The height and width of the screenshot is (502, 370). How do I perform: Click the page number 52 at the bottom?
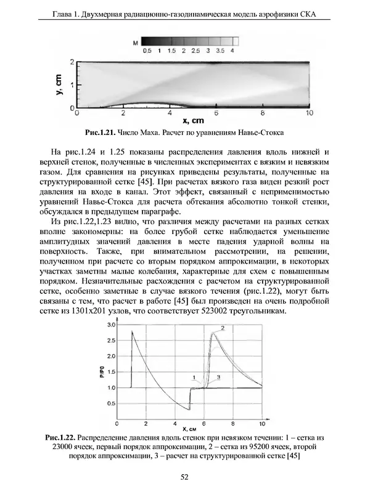(184, 477)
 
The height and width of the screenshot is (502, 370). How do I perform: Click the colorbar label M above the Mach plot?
(134, 43)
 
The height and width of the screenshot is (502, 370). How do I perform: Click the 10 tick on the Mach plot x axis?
(310, 114)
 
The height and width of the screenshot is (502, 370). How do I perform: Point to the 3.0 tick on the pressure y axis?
(112, 324)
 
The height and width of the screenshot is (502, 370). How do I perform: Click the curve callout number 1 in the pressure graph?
(194, 377)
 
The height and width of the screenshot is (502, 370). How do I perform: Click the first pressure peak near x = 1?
(132, 331)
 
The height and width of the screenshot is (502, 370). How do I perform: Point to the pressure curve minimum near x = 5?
(189, 409)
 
